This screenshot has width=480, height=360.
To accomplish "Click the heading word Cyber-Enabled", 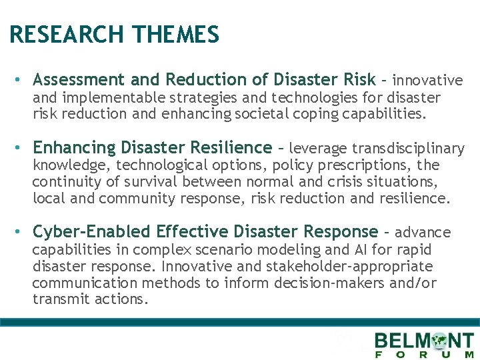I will pyautogui.click(x=91, y=232).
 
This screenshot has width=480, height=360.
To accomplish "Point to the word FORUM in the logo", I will pyautogui.click(x=424, y=355).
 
